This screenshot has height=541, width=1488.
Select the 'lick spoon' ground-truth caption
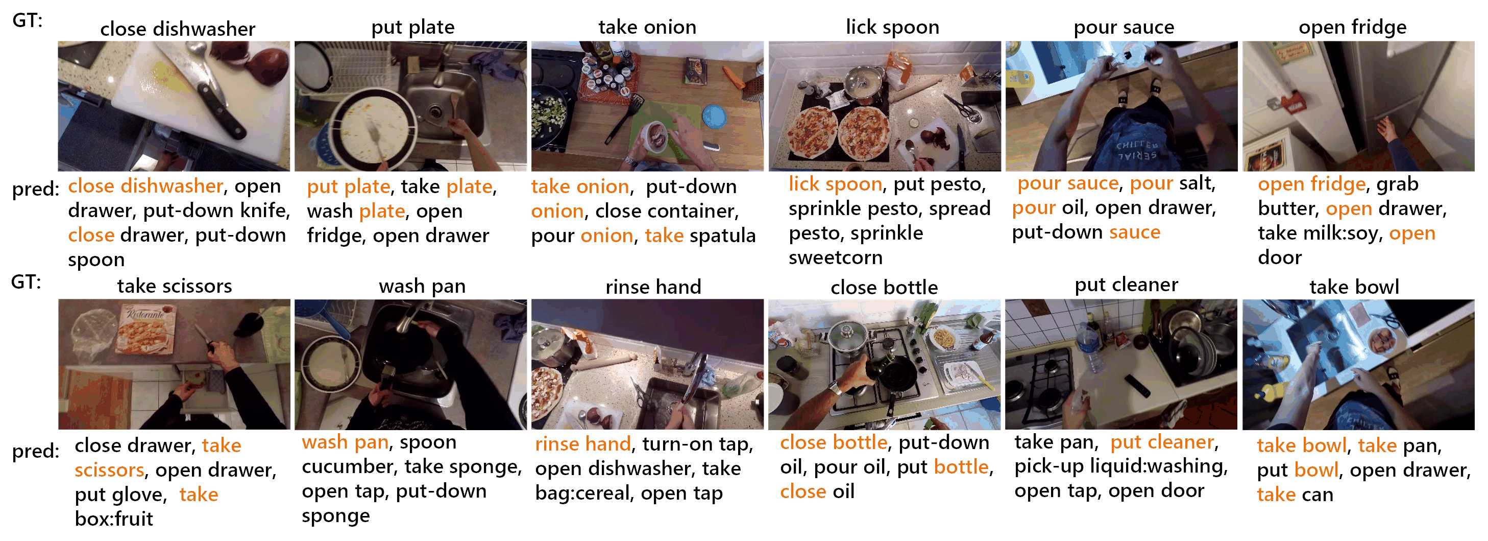[892, 27]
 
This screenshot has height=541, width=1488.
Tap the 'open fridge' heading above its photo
[1352, 27]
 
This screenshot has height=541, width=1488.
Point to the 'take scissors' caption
[175, 286]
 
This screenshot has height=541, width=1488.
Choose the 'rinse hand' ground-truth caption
[653, 286]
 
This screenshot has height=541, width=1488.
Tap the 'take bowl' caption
[1354, 287]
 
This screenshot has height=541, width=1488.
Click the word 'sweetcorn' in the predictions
[835, 257]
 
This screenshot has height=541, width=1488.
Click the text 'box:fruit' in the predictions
[114, 519]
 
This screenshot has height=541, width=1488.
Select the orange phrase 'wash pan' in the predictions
[346, 442]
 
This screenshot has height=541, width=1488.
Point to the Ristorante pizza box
[146, 330]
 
